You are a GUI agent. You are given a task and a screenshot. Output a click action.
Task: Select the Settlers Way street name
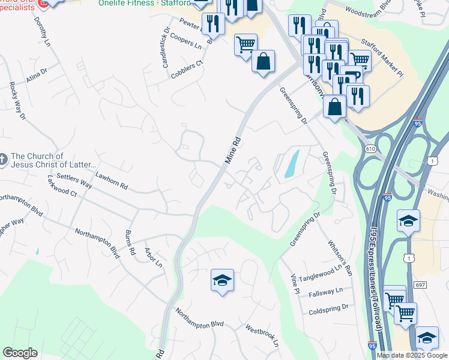pos(74,181)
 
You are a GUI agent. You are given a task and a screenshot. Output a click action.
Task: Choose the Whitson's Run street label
pos(340,258)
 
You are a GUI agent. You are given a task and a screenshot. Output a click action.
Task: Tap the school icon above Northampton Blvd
pos(222,280)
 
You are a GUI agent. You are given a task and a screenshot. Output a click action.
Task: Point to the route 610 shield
pos(370,148)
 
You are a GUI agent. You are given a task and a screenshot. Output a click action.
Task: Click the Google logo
pos(20,353)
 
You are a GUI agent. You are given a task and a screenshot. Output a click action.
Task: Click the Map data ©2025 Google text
pos(412,355)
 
